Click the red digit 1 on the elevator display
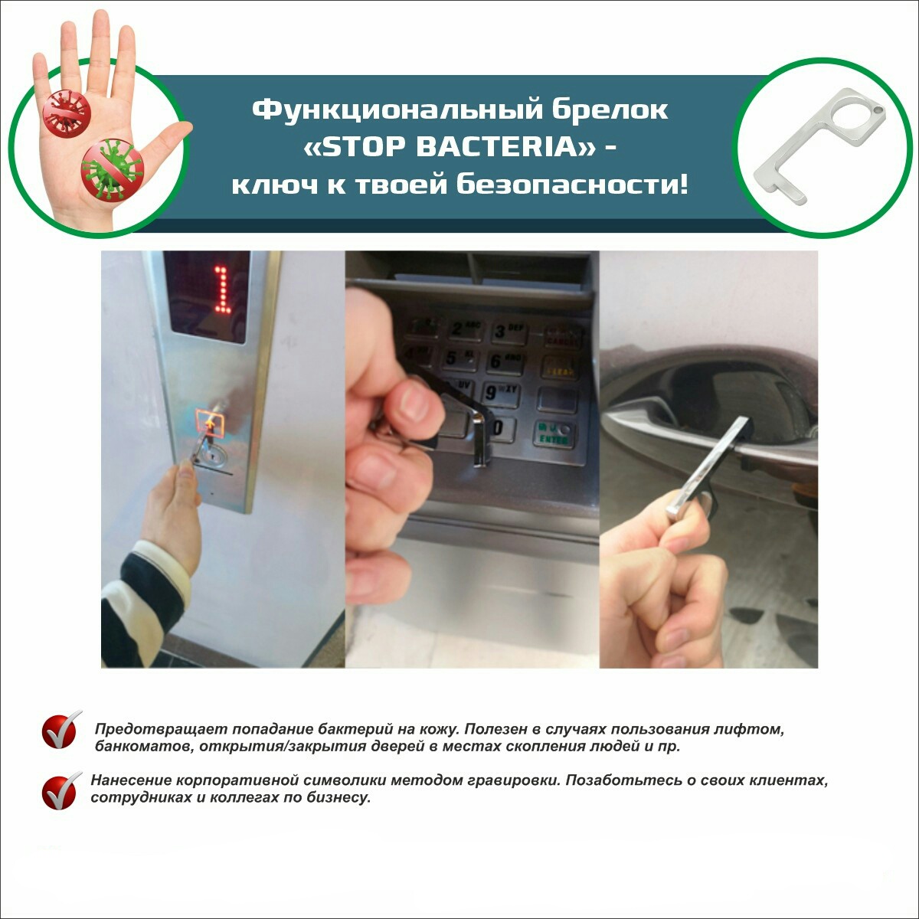coord(222,291)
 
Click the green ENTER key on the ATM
coord(555,434)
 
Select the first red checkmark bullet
coord(61,729)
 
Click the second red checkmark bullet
coord(61,790)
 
